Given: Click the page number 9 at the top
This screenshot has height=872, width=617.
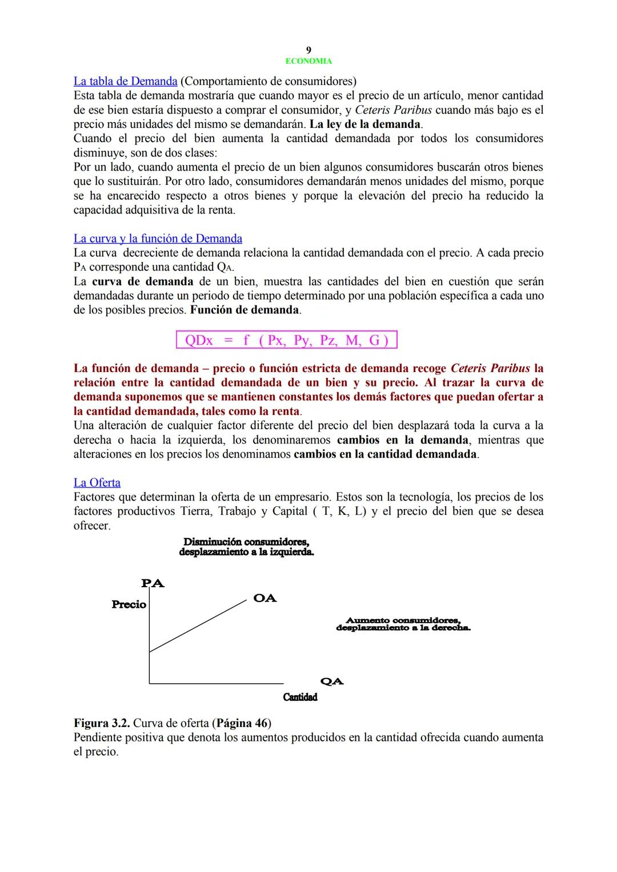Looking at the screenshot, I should point(308,50).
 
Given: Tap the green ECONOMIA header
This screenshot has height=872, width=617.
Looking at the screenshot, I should point(308,61).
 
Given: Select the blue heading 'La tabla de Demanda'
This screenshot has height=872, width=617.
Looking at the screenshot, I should point(125,81).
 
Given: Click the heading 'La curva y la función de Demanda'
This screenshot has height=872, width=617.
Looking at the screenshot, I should point(158,239).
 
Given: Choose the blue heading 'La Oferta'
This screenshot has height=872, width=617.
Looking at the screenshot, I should point(97,483).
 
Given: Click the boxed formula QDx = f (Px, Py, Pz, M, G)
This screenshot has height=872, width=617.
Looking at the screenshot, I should point(286,341).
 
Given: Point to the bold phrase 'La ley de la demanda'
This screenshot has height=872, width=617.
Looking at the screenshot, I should point(364,124).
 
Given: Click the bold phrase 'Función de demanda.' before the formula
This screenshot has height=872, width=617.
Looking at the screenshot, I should point(245,310).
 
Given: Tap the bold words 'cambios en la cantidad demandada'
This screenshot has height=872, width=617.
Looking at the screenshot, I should point(385,454).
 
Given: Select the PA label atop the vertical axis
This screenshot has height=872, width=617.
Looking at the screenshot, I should point(153,583).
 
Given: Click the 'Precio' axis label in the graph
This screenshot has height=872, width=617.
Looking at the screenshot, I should point(129,604).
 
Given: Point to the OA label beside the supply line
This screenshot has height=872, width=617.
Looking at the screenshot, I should point(265,598).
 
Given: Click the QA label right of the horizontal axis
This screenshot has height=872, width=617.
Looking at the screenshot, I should point(332,681).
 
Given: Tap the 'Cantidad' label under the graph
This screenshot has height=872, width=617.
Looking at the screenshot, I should point(300,697).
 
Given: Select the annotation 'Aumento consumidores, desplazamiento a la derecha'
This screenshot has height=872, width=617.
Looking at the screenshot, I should point(403,624).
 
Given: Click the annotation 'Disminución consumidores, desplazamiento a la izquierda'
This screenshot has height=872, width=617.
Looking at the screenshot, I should point(246,547).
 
